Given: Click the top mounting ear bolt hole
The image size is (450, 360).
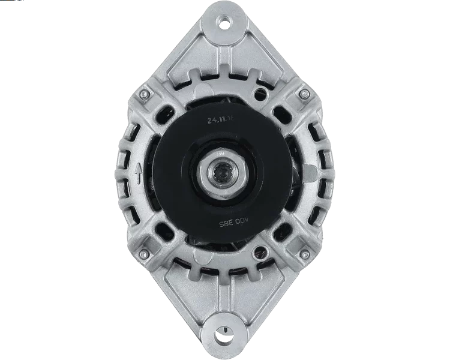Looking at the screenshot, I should click(226, 21).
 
